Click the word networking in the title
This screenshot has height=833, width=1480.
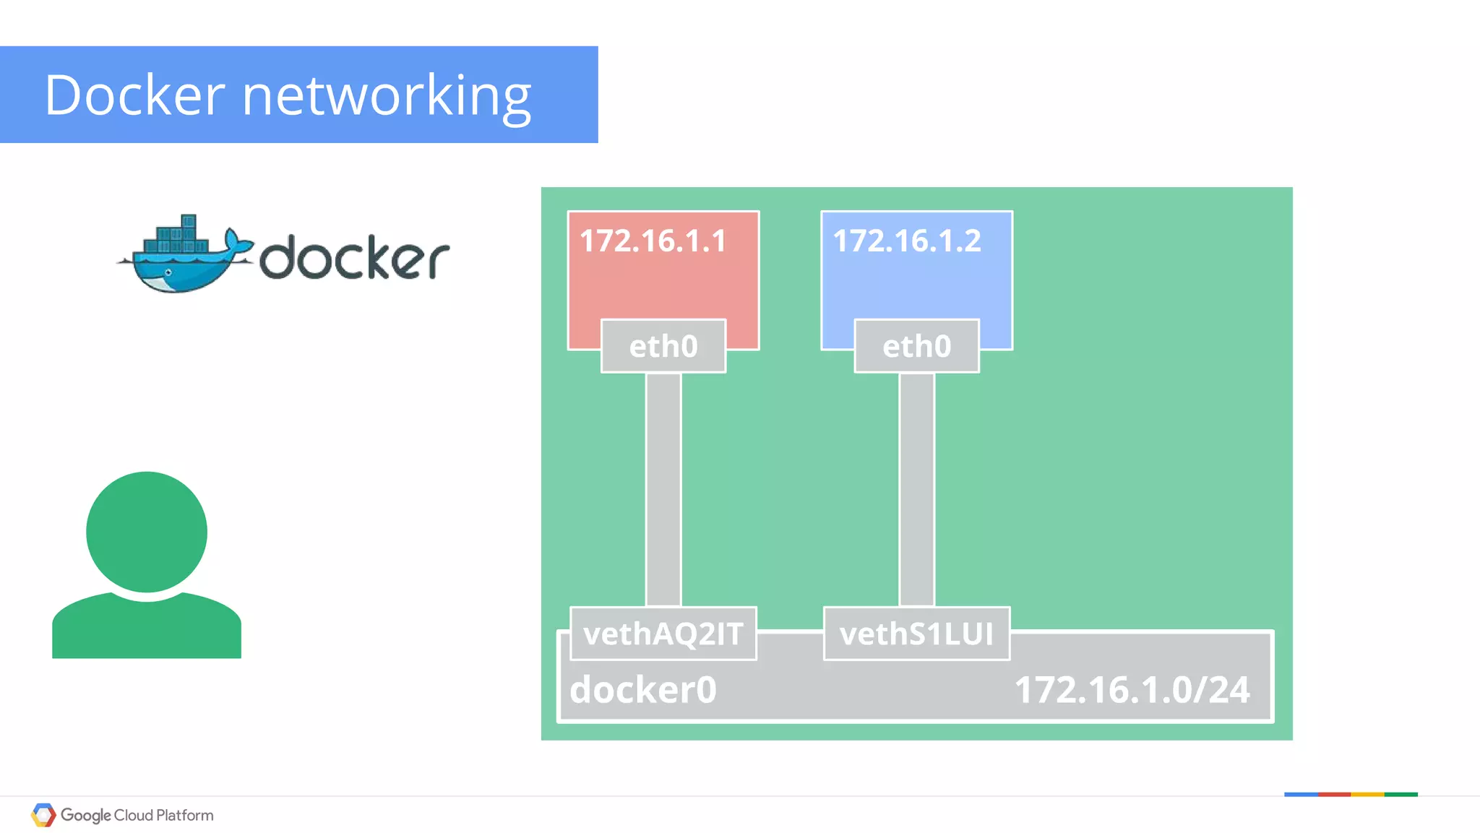[x=387, y=96]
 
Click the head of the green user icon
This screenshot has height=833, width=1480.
[x=147, y=532]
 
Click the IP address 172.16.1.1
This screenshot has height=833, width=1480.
[x=653, y=241]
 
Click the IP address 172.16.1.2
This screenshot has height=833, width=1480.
[x=907, y=241]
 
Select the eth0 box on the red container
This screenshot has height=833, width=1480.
[x=663, y=346]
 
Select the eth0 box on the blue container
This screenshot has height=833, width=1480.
[x=916, y=346]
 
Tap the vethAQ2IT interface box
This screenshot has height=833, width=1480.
[x=663, y=634]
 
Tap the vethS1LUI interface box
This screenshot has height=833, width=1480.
[x=916, y=634]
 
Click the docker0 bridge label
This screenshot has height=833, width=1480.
[x=643, y=689]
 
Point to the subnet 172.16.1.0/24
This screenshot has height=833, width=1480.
[x=1132, y=689]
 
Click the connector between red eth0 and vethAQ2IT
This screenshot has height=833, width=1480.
[x=663, y=489]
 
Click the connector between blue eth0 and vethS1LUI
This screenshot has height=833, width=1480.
[x=916, y=489]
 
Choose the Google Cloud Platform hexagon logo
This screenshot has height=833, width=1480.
[x=43, y=815]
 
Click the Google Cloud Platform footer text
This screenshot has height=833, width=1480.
[x=137, y=815]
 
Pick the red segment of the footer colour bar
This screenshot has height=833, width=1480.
[x=1334, y=795]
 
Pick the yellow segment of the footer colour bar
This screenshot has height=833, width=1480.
[x=1367, y=795]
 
